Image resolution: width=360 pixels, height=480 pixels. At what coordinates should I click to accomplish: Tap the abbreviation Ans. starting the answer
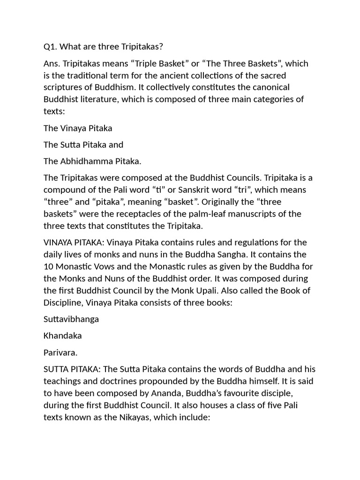pos(51,63)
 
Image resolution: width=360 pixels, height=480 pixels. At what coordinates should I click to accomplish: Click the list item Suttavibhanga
pos(71,319)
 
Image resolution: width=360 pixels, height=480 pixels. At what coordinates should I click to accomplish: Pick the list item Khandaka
pos(62,336)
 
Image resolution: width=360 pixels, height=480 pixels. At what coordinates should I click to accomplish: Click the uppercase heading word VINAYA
pos(58,242)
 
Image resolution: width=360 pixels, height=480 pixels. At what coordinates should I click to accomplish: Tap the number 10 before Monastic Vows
pos(48,267)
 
